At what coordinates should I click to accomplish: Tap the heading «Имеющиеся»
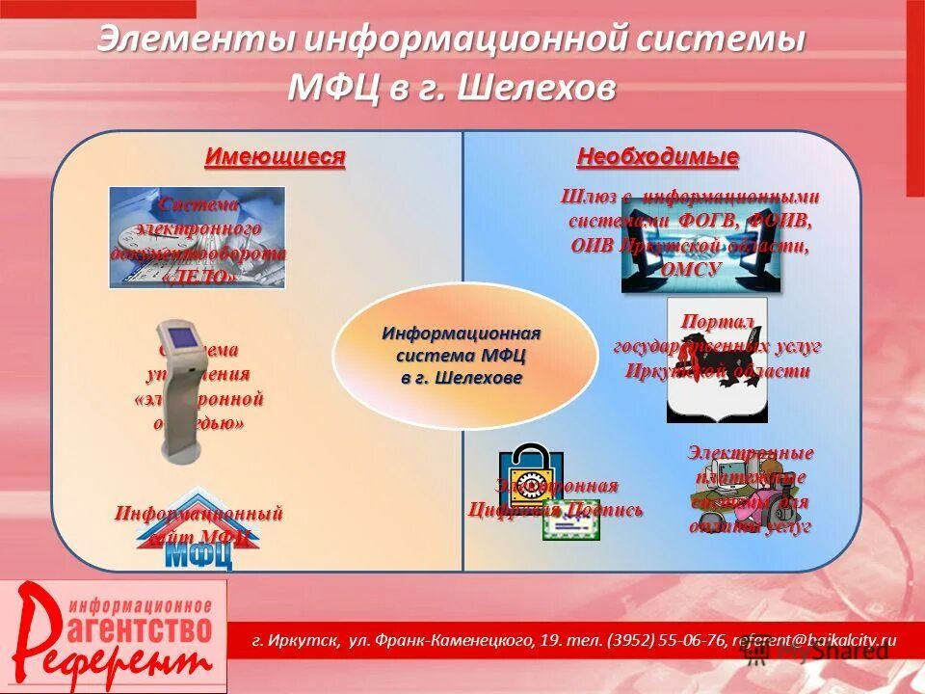click(x=275, y=156)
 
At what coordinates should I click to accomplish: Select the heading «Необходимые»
click(x=657, y=156)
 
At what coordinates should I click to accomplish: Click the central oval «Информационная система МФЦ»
click(x=462, y=356)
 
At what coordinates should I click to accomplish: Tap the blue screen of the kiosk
click(x=180, y=339)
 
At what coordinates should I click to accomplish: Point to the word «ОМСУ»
click(x=691, y=270)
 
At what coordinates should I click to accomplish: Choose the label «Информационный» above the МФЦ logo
click(x=198, y=513)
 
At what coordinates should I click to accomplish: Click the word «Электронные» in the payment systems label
click(x=751, y=452)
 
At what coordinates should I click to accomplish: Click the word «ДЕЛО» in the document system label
click(x=199, y=276)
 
